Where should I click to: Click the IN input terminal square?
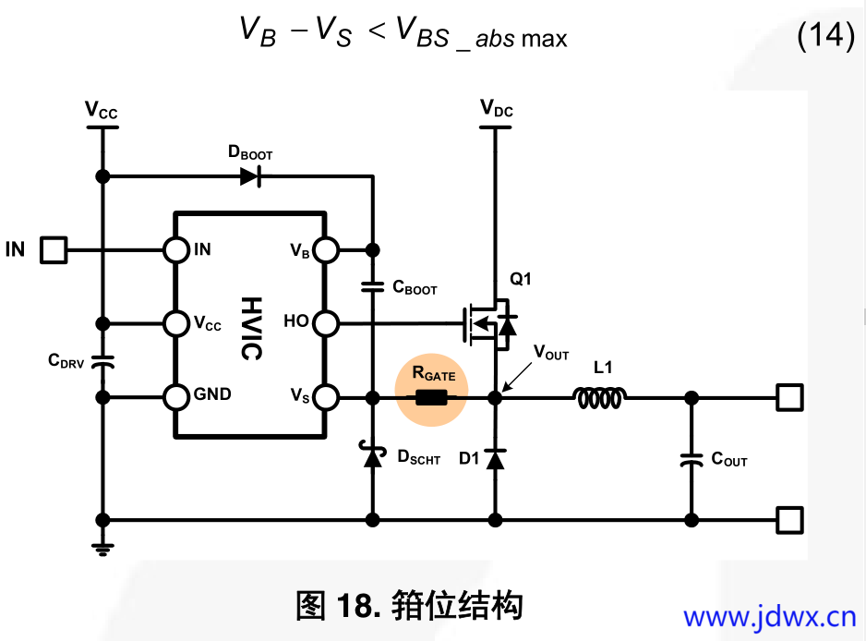pyautogui.click(x=54, y=249)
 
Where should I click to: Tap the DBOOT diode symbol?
pyautogui.click(x=250, y=176)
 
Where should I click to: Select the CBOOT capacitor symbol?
pyautogui.click(x=373, y=286)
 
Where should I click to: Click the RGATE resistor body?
pyautogui.click(x=431, y=398)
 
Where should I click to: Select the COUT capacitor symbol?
pyautogui.click(x=690, y=459)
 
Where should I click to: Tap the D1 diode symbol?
pyautogui.click(x=495, y=458)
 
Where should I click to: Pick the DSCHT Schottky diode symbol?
pyautogui.click(x=373, y=456)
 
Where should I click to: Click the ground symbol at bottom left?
pyautogui.click(x=103, y=547)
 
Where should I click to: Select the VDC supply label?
pyautogui.click(x=496, y=110)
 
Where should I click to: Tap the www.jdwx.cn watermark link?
pyautogui.click(x=770, y=616)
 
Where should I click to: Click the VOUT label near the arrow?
pyautogui.click(x=551, y=355)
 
